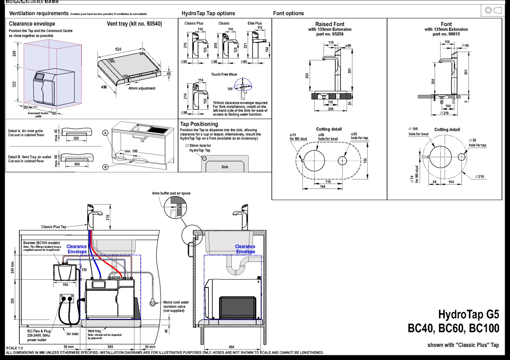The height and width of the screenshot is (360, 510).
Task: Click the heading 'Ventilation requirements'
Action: [x=39, y=13]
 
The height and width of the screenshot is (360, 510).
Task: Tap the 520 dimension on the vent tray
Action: [x=118, y=49]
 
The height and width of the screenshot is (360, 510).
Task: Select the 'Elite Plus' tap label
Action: [x=254, y=23]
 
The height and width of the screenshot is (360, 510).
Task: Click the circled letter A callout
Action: [x=106, y=133]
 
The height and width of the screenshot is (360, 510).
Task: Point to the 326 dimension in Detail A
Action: [x=76, y=138]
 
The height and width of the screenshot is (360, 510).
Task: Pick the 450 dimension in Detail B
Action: [x=77, y=164]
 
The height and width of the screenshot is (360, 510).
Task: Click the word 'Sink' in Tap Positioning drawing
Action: [x=225, y=167]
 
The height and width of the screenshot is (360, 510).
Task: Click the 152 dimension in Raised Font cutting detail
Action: [x=365, y=161]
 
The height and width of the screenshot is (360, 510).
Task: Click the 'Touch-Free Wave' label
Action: [x=224, y=75]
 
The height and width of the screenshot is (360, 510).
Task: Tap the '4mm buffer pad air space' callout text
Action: [x=171, y=193]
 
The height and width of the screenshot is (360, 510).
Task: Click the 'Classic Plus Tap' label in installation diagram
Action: [x=54, y=227]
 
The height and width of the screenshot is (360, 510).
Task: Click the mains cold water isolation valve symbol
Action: [x=153, y=303]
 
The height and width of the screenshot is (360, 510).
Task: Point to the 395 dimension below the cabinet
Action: [x=110, y=347]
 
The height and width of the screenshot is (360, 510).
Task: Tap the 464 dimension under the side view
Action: [x=231, y=347]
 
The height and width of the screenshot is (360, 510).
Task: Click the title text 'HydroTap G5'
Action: [x=468, y=314]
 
